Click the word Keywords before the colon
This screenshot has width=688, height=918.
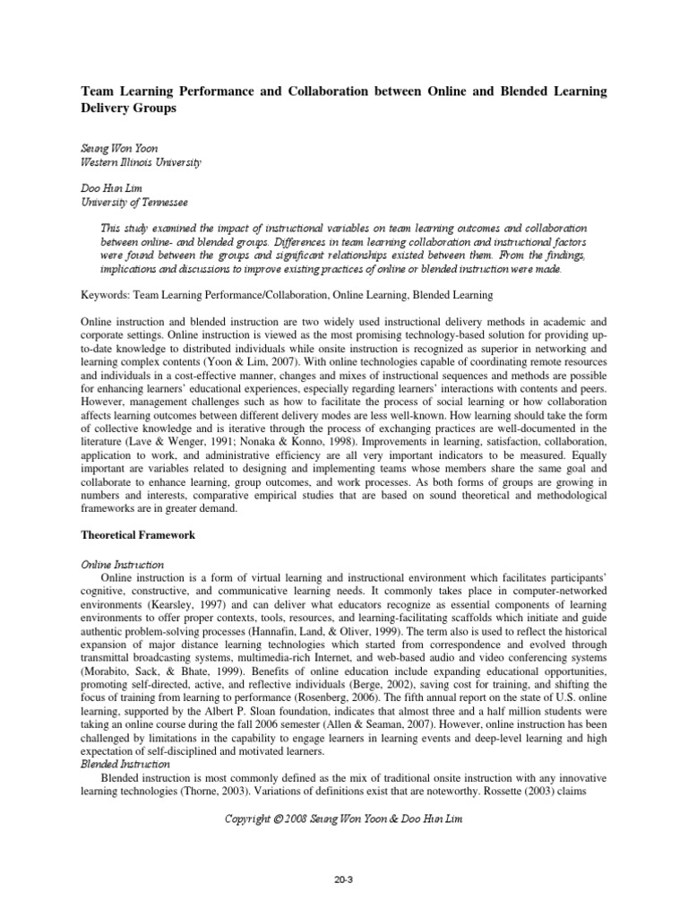106,294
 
